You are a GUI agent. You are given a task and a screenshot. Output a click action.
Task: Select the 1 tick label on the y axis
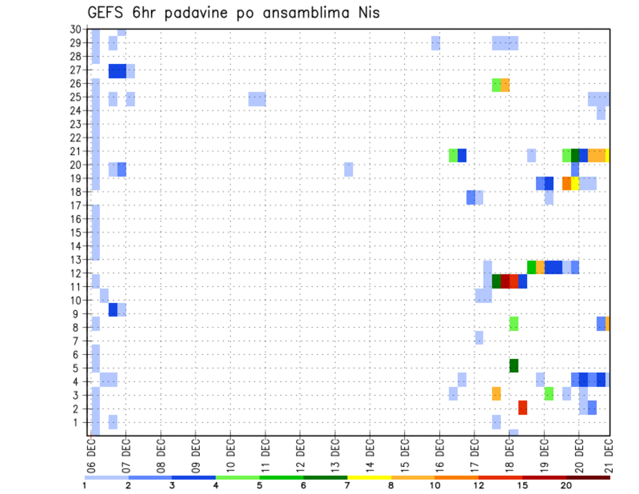tap(78, 422)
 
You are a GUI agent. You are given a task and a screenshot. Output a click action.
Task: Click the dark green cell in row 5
tap(514, 366)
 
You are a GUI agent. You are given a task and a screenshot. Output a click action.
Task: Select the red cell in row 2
tap(523, 407)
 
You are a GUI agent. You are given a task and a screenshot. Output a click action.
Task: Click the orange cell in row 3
tap(497, 393)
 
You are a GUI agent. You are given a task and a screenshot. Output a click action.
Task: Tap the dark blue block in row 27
tap(118, 71)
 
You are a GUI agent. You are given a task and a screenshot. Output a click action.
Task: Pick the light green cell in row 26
tap(497, 85)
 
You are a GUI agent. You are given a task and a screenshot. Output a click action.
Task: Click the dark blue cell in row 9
tap(113, 310)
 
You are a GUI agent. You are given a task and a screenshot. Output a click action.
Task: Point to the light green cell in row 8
tap(514, 324)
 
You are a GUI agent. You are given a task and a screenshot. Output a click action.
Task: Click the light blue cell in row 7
tap(479, 338)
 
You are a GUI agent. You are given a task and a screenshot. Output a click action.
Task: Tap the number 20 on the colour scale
tap(566, 485)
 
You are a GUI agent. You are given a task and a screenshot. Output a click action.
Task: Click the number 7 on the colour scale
tap(347, 485)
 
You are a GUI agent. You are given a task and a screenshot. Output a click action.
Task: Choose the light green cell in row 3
tap(548, 393)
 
